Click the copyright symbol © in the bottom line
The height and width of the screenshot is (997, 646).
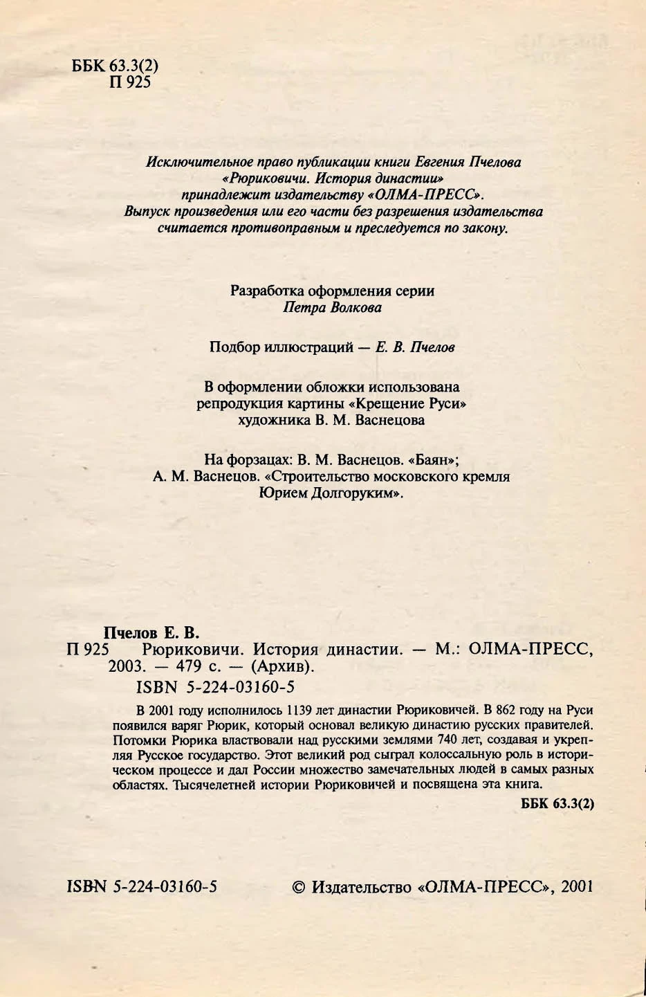[x=298, y=886]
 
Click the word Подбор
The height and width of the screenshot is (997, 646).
[x=234, y=347]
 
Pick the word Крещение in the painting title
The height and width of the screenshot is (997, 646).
[x=390, y=403]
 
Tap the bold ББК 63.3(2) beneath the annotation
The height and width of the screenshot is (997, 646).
[x=557, y=804]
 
